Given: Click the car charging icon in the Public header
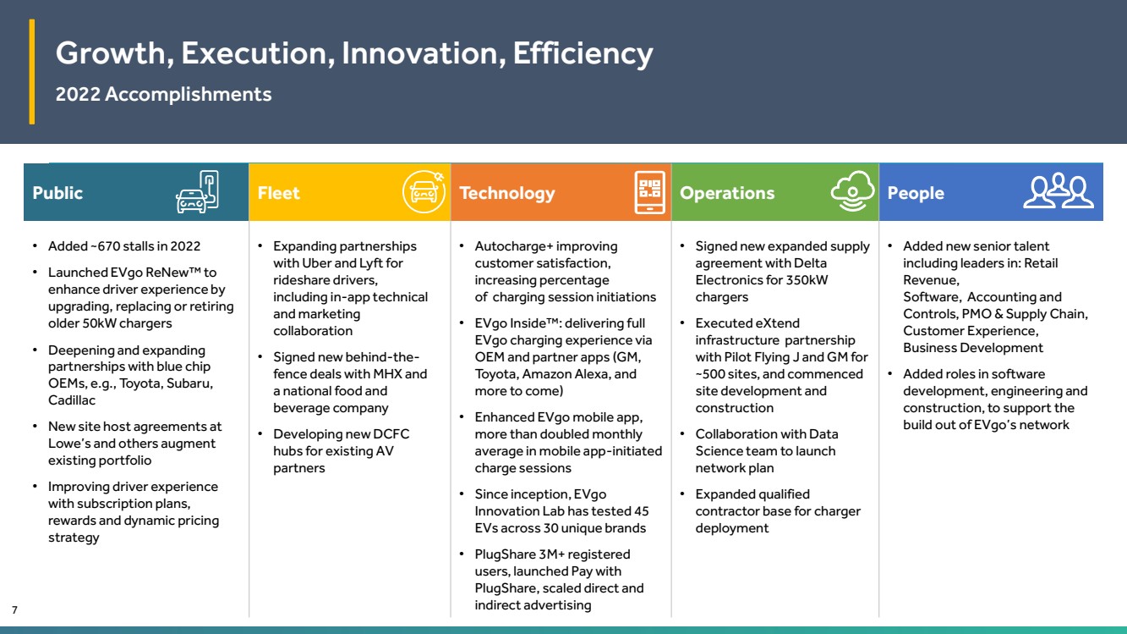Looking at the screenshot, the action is click(197, 192).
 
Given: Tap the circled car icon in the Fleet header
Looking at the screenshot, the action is click(424, 192).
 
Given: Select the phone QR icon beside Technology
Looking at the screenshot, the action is click(649, 192).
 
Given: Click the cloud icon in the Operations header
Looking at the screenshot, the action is click(852, 191).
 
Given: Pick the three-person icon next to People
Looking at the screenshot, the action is click(1059, 190).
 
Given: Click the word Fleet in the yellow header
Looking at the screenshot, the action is click(278, 193).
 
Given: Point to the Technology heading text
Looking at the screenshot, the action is click(506, 193).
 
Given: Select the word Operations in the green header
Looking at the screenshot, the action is click(727, 193).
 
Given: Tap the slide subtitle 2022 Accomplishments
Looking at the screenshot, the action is click(163, 94).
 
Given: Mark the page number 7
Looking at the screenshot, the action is click(14, 609).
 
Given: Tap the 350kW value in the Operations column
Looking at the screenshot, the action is click(807, 280).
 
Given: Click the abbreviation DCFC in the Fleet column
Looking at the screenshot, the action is click(391, 434).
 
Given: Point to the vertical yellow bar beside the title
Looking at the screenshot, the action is click(32, 71).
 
